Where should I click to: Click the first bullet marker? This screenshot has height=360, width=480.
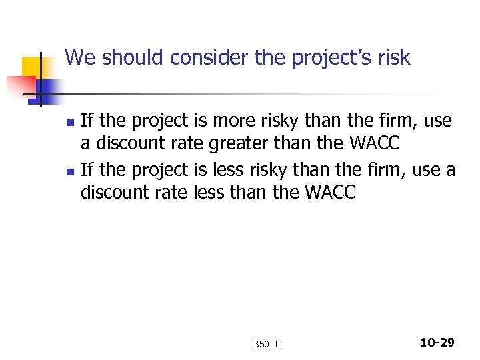click(69, 123)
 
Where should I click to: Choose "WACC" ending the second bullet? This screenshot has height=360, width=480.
click(331, 193)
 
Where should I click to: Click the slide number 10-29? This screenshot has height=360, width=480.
click(437, 343)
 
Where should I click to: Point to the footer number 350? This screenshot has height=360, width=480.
click(261, 344)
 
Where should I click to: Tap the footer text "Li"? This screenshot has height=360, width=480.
click(279, 344)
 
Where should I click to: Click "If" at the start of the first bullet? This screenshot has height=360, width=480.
click(87, 121)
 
